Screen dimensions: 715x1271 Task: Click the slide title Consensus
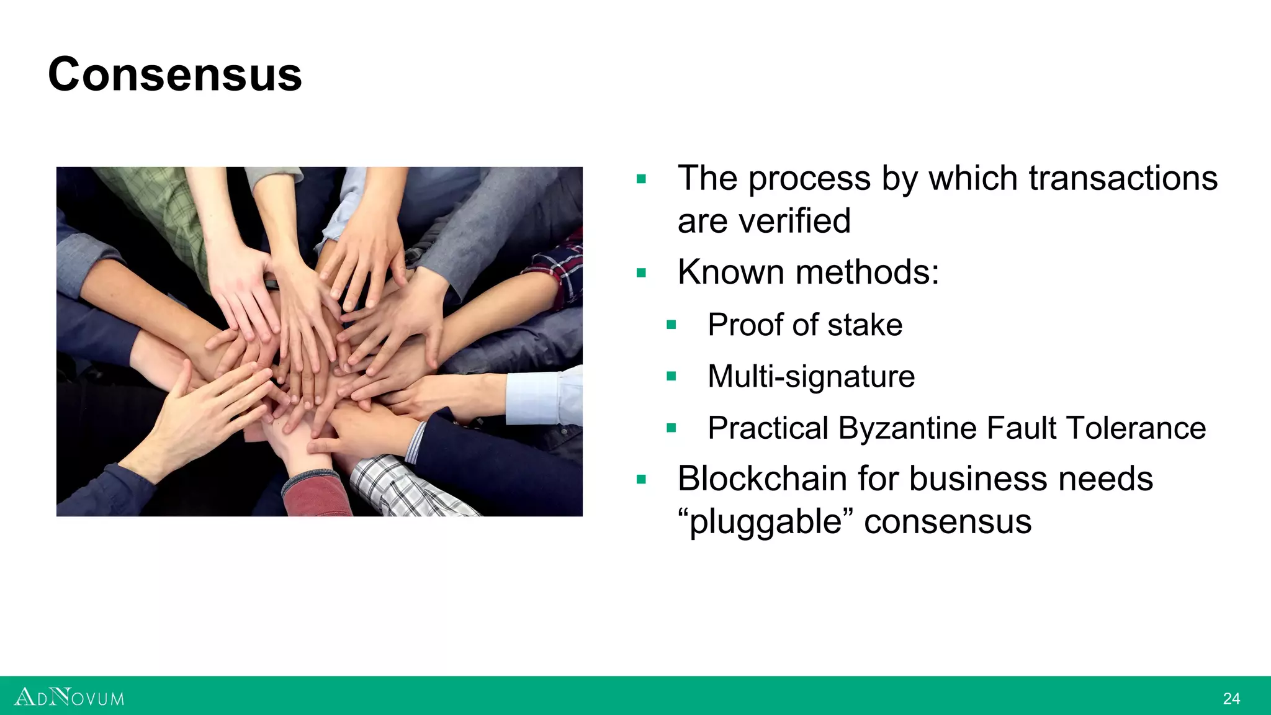[175, 74]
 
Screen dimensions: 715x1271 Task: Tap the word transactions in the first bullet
[1123, 179]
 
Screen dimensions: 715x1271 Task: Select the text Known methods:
[808, 272]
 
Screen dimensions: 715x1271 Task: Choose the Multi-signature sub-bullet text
[811, 377]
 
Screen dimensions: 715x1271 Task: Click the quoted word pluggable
[766, 522]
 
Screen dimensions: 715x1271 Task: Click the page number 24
[1231, 699]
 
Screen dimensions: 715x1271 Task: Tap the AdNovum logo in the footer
[69, 697]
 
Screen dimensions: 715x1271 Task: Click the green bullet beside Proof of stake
[671, 325]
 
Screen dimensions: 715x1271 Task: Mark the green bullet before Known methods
[641, 272]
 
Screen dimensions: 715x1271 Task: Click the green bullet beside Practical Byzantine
[671, 428]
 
